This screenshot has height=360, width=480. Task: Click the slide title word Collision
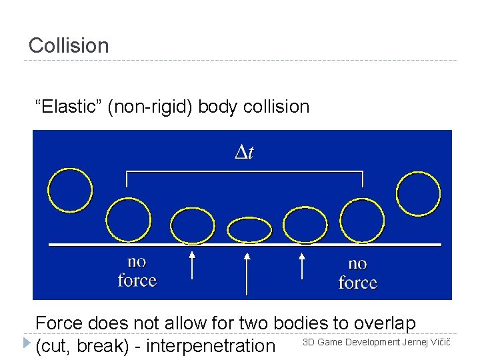click(x=69, y=46)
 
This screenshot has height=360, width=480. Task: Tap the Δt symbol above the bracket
click(x=244, y=153)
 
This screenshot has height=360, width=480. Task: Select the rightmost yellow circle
click(x=418, y=194)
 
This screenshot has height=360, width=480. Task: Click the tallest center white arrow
click(x=247, y=273)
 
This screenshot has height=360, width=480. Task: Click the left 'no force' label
click(x=137, y=271)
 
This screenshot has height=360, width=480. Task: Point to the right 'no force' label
click(x=357, y=273)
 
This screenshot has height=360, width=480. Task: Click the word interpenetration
click(x=210, y=346)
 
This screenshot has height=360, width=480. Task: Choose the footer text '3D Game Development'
click(x=351, y=343)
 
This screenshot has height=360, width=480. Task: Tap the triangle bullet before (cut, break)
click(x=27, y=343)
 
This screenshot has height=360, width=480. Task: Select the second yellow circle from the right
click(x=363, y=220)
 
